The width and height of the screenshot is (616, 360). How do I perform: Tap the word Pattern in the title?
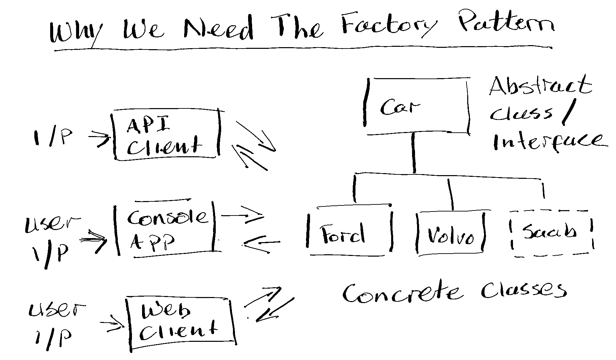505,24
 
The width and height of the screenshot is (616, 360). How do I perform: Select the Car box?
417,106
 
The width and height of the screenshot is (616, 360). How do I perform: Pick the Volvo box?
450,233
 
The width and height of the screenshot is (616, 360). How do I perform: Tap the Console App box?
166,229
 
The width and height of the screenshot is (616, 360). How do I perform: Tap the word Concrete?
402,293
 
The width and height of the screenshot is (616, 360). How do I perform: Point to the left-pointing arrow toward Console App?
262,243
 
